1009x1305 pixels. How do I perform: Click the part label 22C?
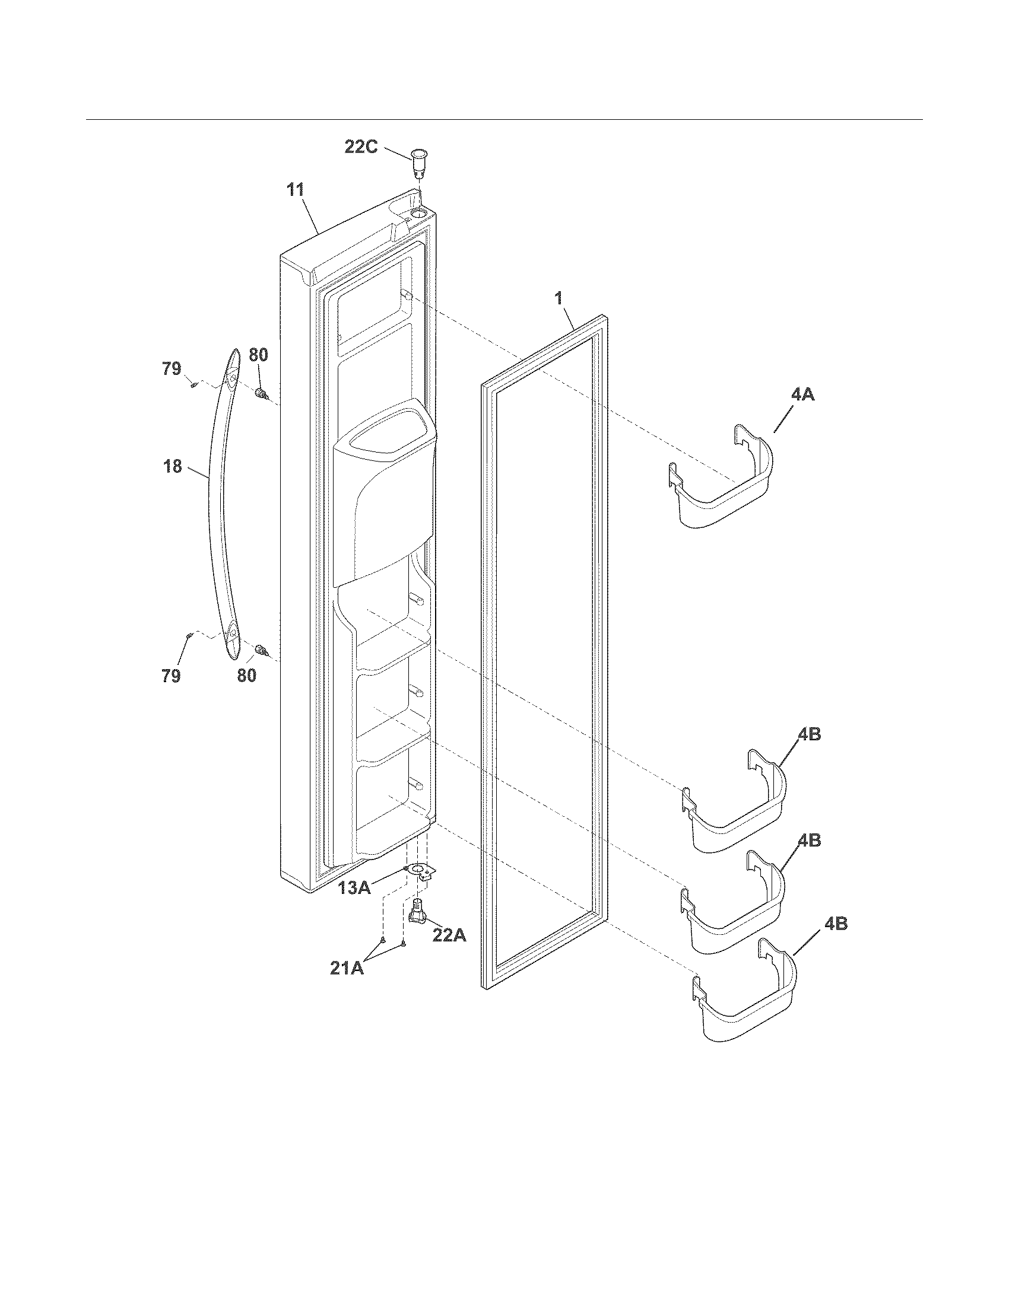tap(361, 147)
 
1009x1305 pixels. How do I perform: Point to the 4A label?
tap(802, 394)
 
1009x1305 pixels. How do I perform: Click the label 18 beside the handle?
tap(173, 466)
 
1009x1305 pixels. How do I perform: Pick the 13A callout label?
tap(354, 904)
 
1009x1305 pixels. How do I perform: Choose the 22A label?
tap(449, 935)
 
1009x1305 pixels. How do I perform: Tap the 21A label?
tap(347, 968)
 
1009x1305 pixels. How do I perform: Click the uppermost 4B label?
tap(810, 734)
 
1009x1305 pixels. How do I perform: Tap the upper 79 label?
tap(172, 369)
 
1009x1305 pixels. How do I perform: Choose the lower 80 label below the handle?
tap(246, 676)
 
